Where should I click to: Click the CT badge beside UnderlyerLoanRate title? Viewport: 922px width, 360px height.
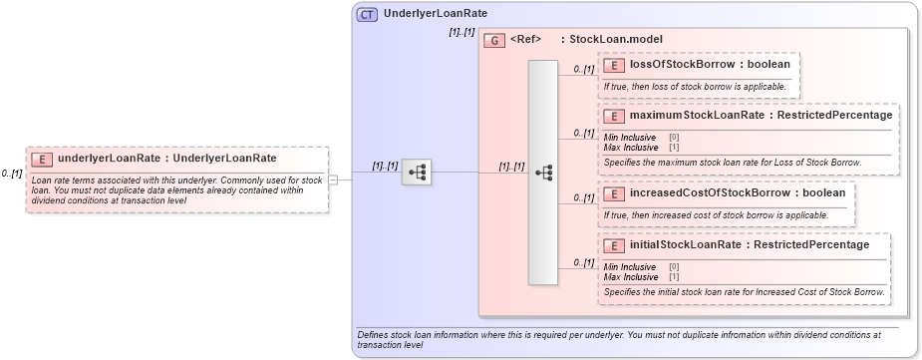[x=368, y=15]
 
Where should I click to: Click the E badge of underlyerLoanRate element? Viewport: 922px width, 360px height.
[x=43, y=159]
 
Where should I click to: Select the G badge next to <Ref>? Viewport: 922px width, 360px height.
[x=494, y=40]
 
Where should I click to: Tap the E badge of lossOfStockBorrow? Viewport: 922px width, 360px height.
[x=614, y=65]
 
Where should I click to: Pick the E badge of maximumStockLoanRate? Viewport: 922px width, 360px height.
[x=614, y=116]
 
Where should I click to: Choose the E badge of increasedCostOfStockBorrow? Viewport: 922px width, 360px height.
[x=614, y=192]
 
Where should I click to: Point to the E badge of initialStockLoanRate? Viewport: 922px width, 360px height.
[x=614, y=245]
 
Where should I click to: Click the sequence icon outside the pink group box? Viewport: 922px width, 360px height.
[x=417, y=173]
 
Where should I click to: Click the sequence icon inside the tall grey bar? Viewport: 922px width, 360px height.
[x=543, y=173]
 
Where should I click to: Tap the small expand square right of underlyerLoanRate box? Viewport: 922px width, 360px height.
[x=334, y=180]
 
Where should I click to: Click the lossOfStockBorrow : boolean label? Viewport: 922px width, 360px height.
[x=710, y=65]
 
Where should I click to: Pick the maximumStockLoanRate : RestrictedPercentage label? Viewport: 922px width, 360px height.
[x=761, y=116]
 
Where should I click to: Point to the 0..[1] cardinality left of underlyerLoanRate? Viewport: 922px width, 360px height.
[x=12, y=174]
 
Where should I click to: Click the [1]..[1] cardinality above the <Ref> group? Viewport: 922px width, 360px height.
[x=461, y=33]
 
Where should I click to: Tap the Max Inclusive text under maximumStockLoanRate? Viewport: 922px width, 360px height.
[x=630, y=147]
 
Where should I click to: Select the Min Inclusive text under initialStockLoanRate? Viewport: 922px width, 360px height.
[x=630, y=267]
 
